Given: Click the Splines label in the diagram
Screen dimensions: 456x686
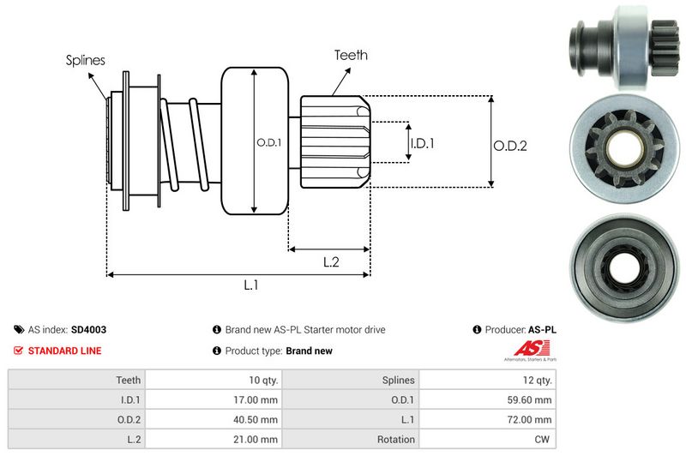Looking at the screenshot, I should pos(86,60).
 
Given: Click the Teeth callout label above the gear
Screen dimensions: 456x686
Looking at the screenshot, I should pos(351,55).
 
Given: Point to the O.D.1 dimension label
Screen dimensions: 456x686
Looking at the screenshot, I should pos(268,142).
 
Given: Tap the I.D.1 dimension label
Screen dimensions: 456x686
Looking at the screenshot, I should pos(422,143).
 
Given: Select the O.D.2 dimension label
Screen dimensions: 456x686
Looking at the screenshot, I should pos(509,146).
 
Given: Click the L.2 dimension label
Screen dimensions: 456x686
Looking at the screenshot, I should pos(332,262).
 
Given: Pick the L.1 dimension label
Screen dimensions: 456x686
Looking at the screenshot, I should pos(251,286).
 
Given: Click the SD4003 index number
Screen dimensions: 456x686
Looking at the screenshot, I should pos(89,329).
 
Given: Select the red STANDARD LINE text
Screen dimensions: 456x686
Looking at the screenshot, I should pos(64,351).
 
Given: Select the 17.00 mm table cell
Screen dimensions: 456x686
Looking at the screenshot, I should pos(258,399).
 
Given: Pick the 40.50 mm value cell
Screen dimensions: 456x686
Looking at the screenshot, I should pos(258,419).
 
